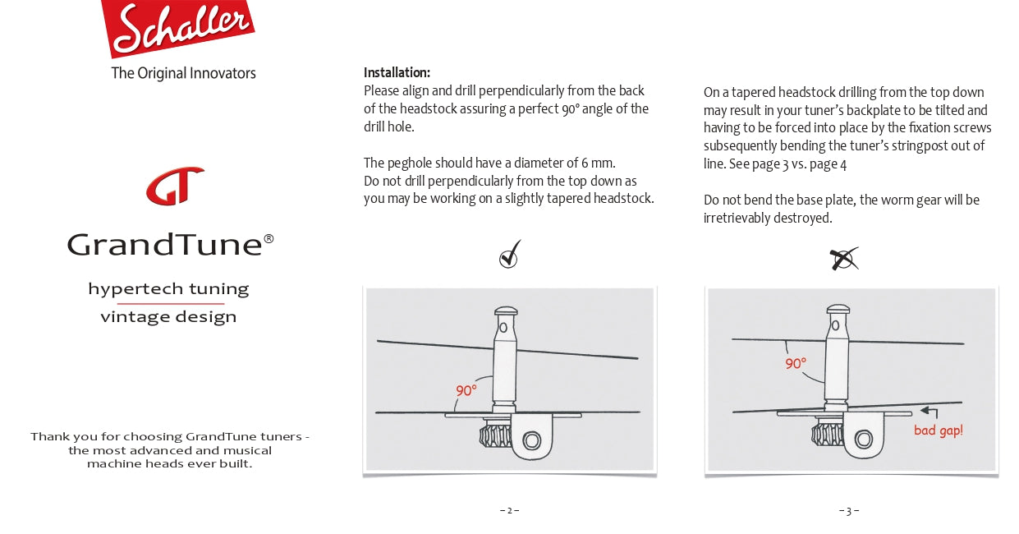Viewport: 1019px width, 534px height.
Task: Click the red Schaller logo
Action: pyautogui.click(x=177, y=27)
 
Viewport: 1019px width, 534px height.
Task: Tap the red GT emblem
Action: pyautogui.click(x=175, y=186)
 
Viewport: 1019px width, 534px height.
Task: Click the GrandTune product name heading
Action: pyautogui.click(x=170, y=244)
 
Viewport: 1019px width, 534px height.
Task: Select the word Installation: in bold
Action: pyautogui.click(x=397, y=72)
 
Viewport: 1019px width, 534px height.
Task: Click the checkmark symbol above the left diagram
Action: pyautogui.click(x=510, y=255)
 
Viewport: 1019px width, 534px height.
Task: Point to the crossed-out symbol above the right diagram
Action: pyautogui.click(x=843, y=259)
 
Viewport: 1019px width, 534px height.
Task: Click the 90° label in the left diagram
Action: pyautogui.click(x=466, y=391)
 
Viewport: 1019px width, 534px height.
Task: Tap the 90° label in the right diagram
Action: pyautogui.click(x=795, y=363)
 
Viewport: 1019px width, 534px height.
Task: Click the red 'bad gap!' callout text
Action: pyautogui.click(x=938, y=430)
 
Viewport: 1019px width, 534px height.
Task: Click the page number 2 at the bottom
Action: pyautogui.click(x=509, y=510)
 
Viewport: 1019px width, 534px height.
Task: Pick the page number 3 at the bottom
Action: pyautogui.click(x=849, y=511)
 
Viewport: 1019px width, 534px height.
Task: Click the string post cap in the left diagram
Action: pyautogui.click(x=505, y=312)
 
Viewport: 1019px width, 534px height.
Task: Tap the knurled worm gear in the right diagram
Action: pyautogui.click(x=824, y=435)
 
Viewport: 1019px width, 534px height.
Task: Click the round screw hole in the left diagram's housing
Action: pyautogui.click(x=531, y=441)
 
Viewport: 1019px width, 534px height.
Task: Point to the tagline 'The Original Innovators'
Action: pyautogui.click(x=183, y=73)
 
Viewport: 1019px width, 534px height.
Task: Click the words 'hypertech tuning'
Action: pyautogui.click(x=168, y=289)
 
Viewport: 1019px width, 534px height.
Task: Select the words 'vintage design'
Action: pyautogui.click(x=168, y=317)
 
